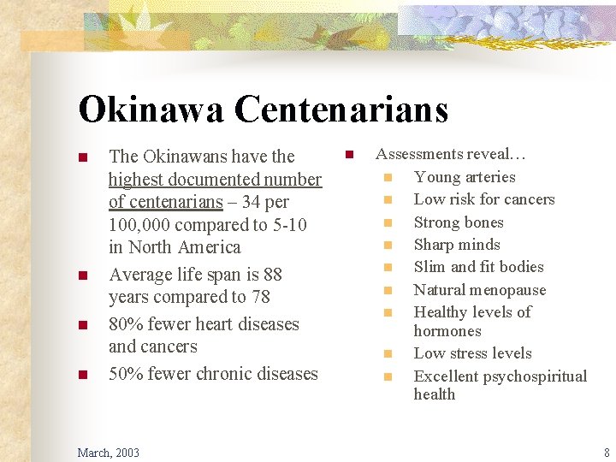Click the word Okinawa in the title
click(151, 110)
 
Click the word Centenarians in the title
click(341, 110)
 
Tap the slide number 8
click(607, 453)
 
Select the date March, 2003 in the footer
click(108, 453)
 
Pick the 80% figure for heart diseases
click(127, 324)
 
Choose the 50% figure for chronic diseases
click(127, 374)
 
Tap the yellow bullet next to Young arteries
click(388, 178)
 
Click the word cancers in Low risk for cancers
click(529, 199)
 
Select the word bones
click(484, 222)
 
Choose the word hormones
click(447, 331)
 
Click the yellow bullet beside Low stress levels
click(388, 354)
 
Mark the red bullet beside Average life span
click(83, 276)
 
